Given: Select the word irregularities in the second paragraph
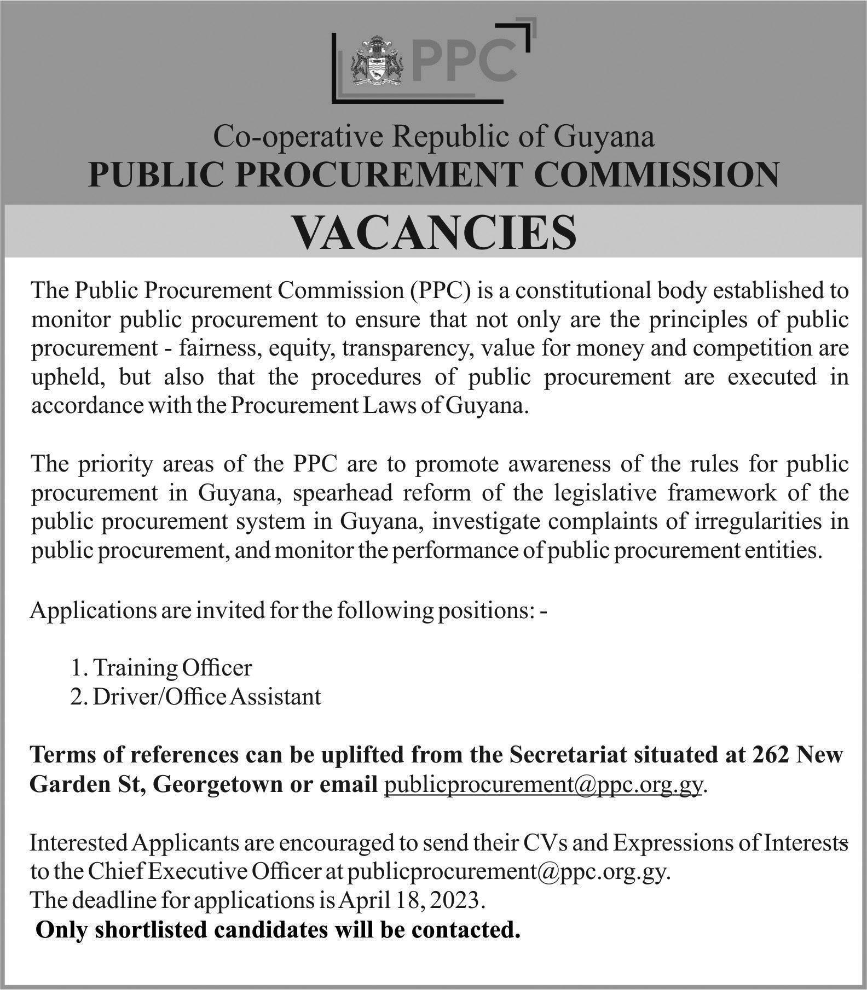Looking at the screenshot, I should click(x=759, y=522).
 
